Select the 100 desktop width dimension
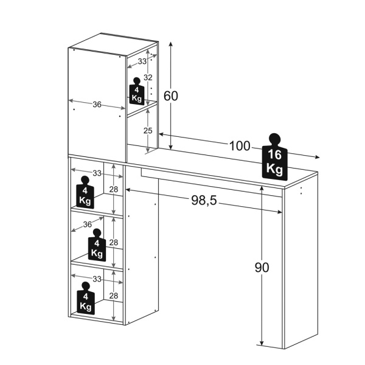(240, 146)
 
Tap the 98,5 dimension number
(204, 201)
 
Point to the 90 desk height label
(262, 268)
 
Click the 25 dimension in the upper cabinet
(147, 130)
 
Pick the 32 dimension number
(147, 78)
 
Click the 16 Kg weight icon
(274, 160)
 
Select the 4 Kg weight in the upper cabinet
(137, 93)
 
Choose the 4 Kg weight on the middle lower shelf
(97, 246)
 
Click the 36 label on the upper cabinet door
(97, 104)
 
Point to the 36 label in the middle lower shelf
(87, 224)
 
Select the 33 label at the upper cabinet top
(142, 61)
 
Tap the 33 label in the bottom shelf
(97, 279)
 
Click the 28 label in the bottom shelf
(114, 296)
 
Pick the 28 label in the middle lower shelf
(114, 243)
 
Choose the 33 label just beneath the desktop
(97, 173)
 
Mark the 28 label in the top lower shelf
(114, 190)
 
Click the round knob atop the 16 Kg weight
(274, 138)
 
